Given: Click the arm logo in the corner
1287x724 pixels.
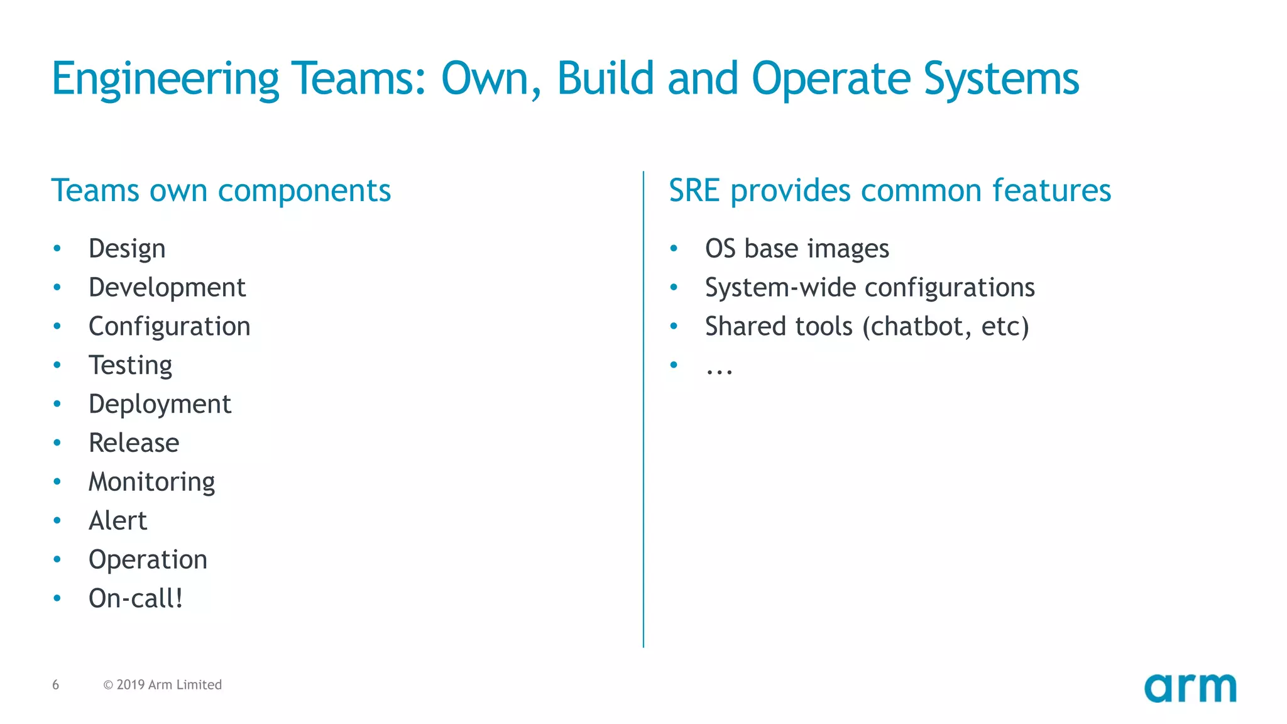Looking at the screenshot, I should pyautogui.click(x=1190, y=688).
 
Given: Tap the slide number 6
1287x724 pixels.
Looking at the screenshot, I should pyautogui.click(x=56, y=684).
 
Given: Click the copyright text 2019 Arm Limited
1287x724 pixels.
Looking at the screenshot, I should pyautogui.click(x=163, y=684).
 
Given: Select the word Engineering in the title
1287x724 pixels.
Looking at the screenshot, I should pyautogui.click(x=165, y=79).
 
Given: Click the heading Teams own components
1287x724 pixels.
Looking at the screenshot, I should pyautogui.click(x=221, y=190).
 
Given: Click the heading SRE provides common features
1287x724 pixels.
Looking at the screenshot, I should pyautogui.click(x=889, y=190).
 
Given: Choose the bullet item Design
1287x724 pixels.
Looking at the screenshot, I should pyautogui.click(x=127, y=249).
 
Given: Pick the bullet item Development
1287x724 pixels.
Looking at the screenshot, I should pyautogui.click(x=167, y=288).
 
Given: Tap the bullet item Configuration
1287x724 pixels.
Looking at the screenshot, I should pyautogui.click(x=169, y=327).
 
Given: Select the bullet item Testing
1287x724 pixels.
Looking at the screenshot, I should pyautogui.click(x=130, y=366).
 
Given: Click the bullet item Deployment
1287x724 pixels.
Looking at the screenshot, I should pyautogui.click(x=160, y=405).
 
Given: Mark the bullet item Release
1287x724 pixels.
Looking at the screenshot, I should pyautogui.click(x=134, y=443).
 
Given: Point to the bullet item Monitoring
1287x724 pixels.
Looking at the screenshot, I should pyautogui.click(x=151, y=482).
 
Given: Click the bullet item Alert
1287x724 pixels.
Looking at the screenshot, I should pyautogui.click(x=118, y=521).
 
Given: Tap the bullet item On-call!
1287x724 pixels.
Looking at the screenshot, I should pyautogui.click(x=136, y=598).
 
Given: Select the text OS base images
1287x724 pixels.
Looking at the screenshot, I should pyautogui.click(x=797, y=249).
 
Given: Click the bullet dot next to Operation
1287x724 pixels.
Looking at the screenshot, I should pyautogui.click(x=57, y=559).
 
